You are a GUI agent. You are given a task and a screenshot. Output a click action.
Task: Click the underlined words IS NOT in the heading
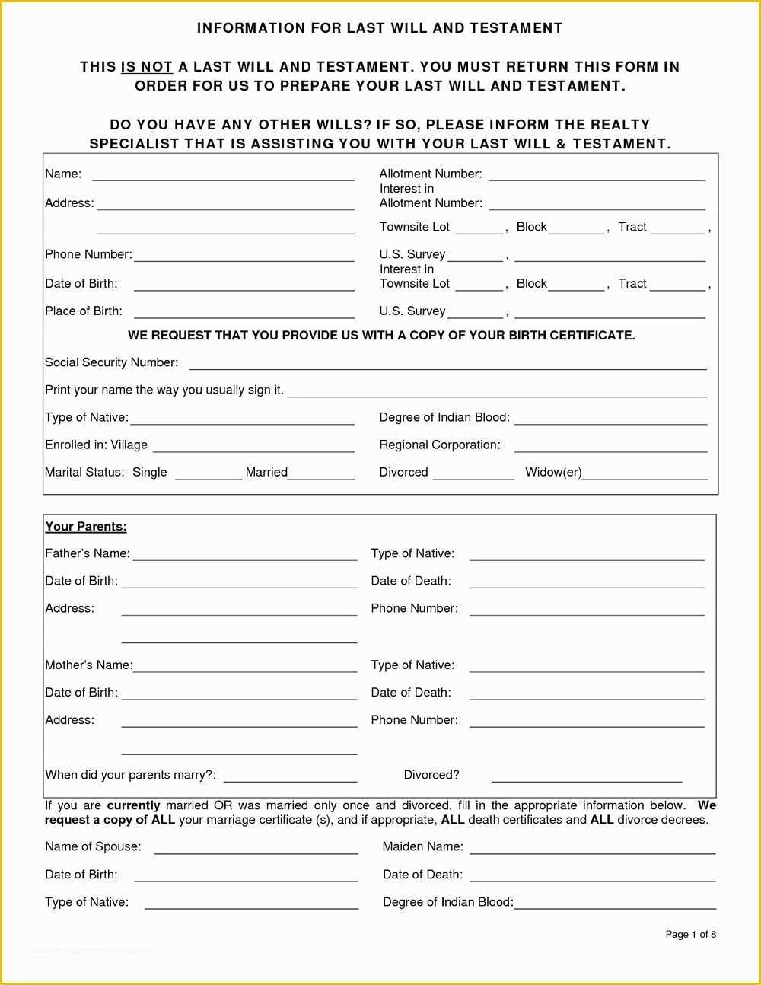(x=147, y=67)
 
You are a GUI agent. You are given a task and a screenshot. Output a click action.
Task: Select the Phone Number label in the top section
(x=88, y=254)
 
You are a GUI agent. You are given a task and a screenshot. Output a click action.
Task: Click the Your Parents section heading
(x=86, y=527)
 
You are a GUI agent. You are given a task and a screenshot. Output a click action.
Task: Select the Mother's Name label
(x=88, y=665)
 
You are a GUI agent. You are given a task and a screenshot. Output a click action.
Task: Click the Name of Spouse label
(x=93, y=846)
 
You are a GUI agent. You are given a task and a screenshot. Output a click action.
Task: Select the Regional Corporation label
(x=440, y=445)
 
